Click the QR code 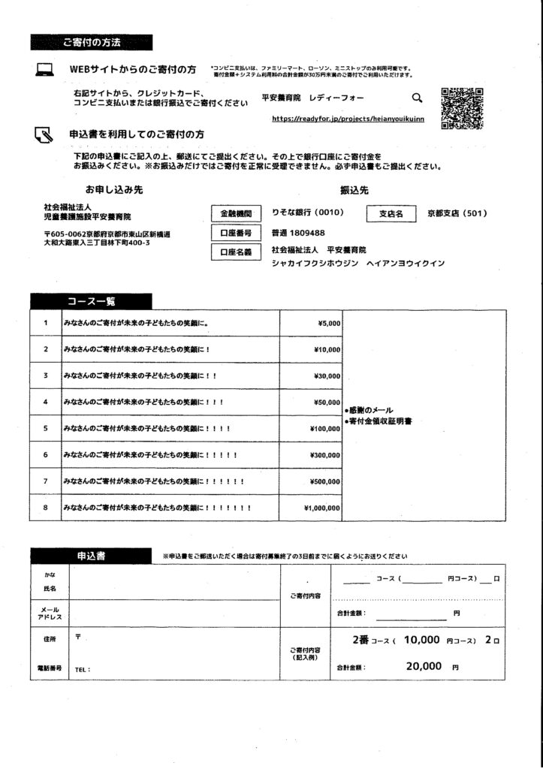pos(461,108)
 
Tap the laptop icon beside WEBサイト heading pos(44,70)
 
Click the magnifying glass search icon pos(417,97)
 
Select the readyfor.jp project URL pos(348,118)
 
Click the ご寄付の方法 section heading pos(92,42)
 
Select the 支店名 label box pos(391,213)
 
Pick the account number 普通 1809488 pos(298,233)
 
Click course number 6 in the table pos(45,455)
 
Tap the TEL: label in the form pos(83,668)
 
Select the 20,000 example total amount pos(424,665)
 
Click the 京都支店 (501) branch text pos(457,213)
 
